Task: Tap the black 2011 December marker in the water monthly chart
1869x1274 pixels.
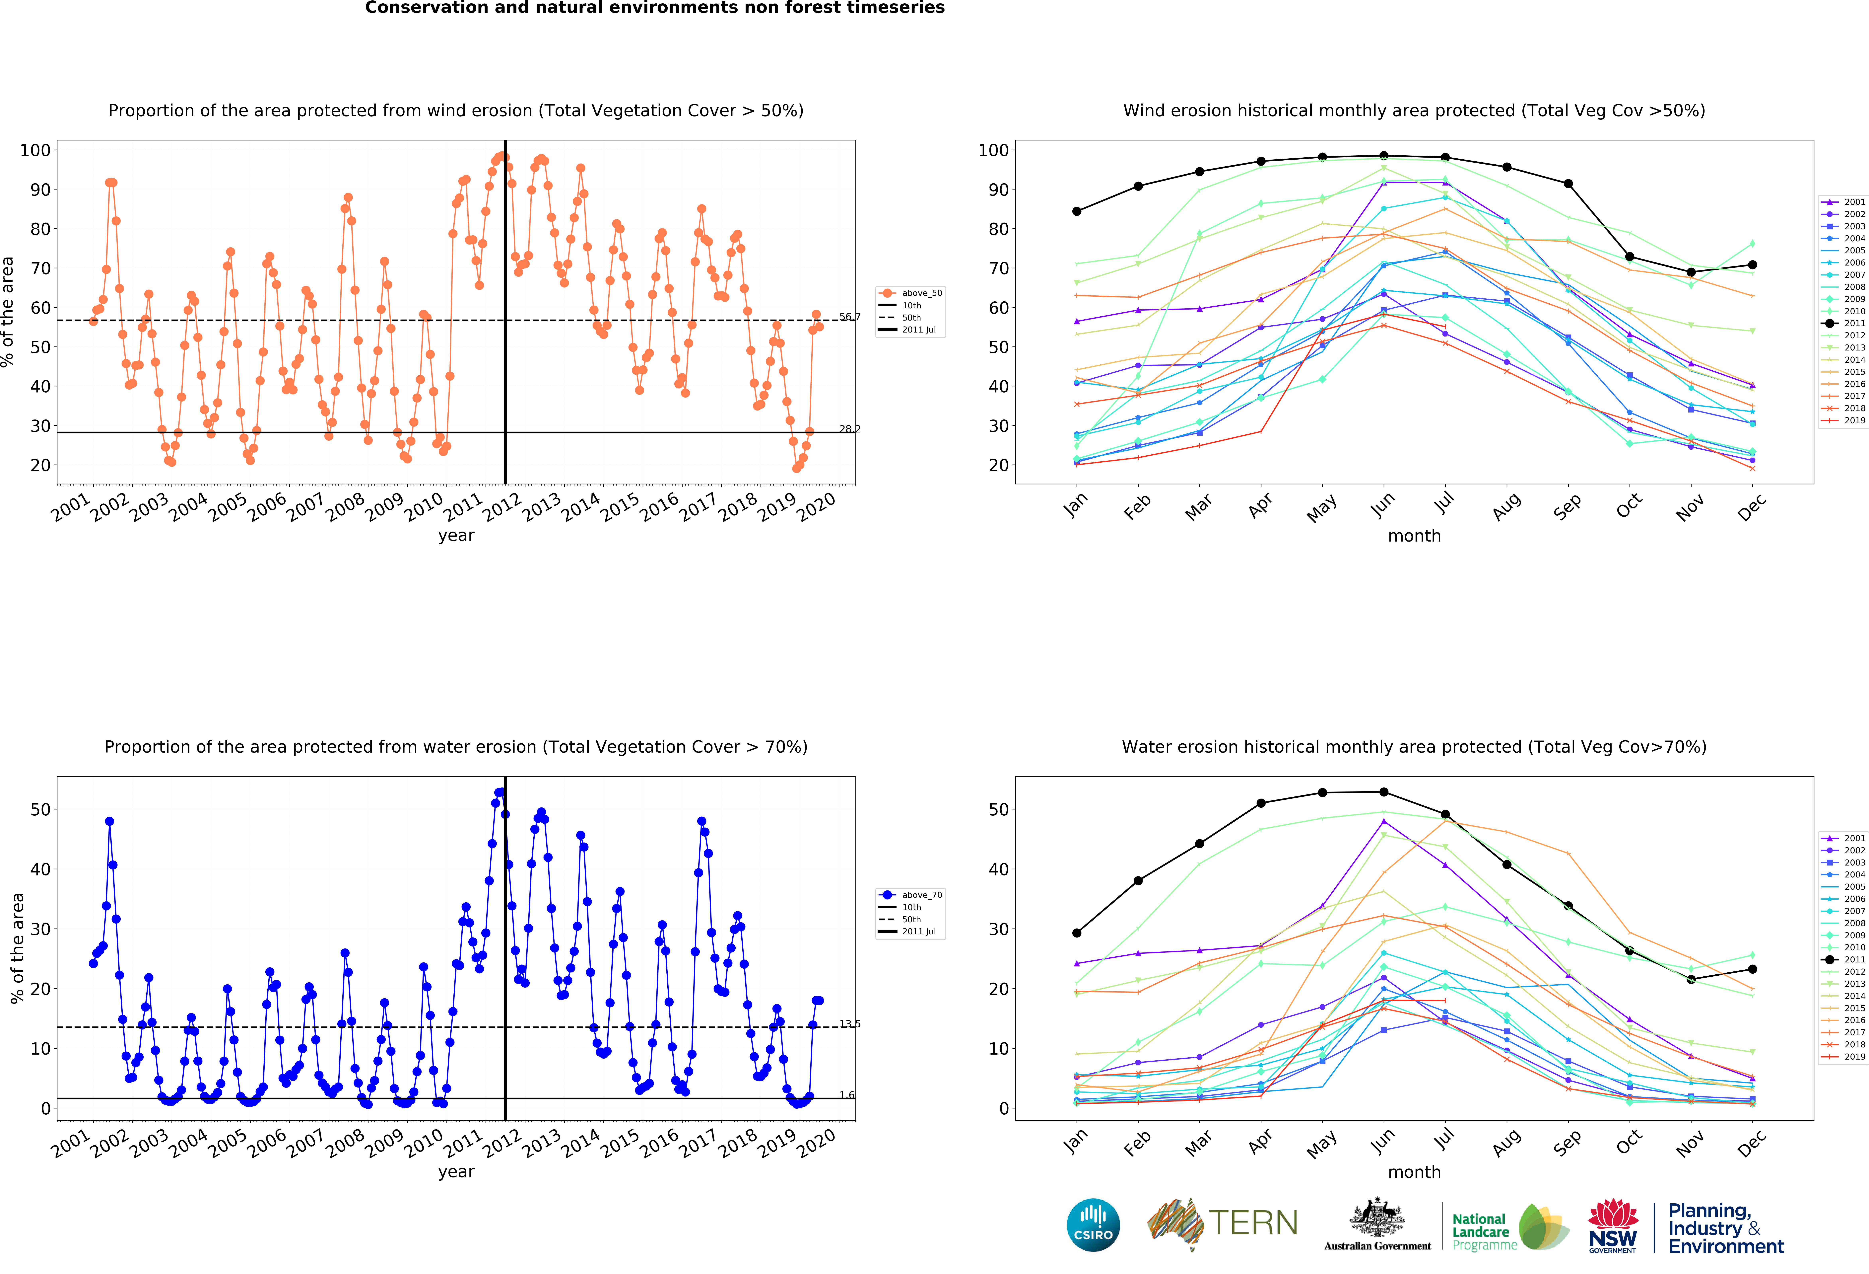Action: [x=1752, y=969]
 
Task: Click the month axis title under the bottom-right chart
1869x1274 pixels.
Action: [x=1414, y=1172]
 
